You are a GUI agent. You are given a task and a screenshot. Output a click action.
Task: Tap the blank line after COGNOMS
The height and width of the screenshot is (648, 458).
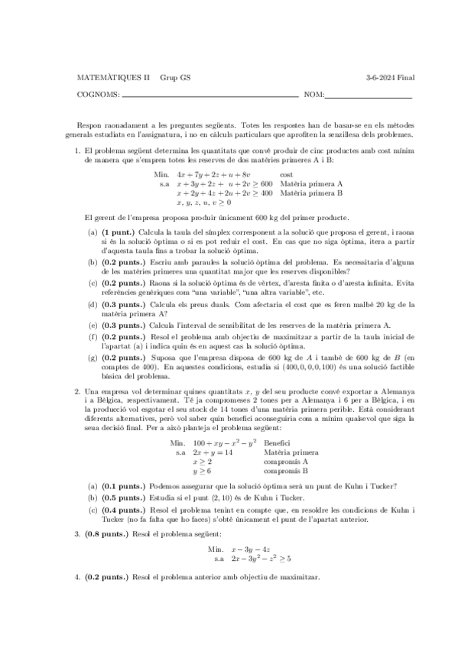tap(210, 96)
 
